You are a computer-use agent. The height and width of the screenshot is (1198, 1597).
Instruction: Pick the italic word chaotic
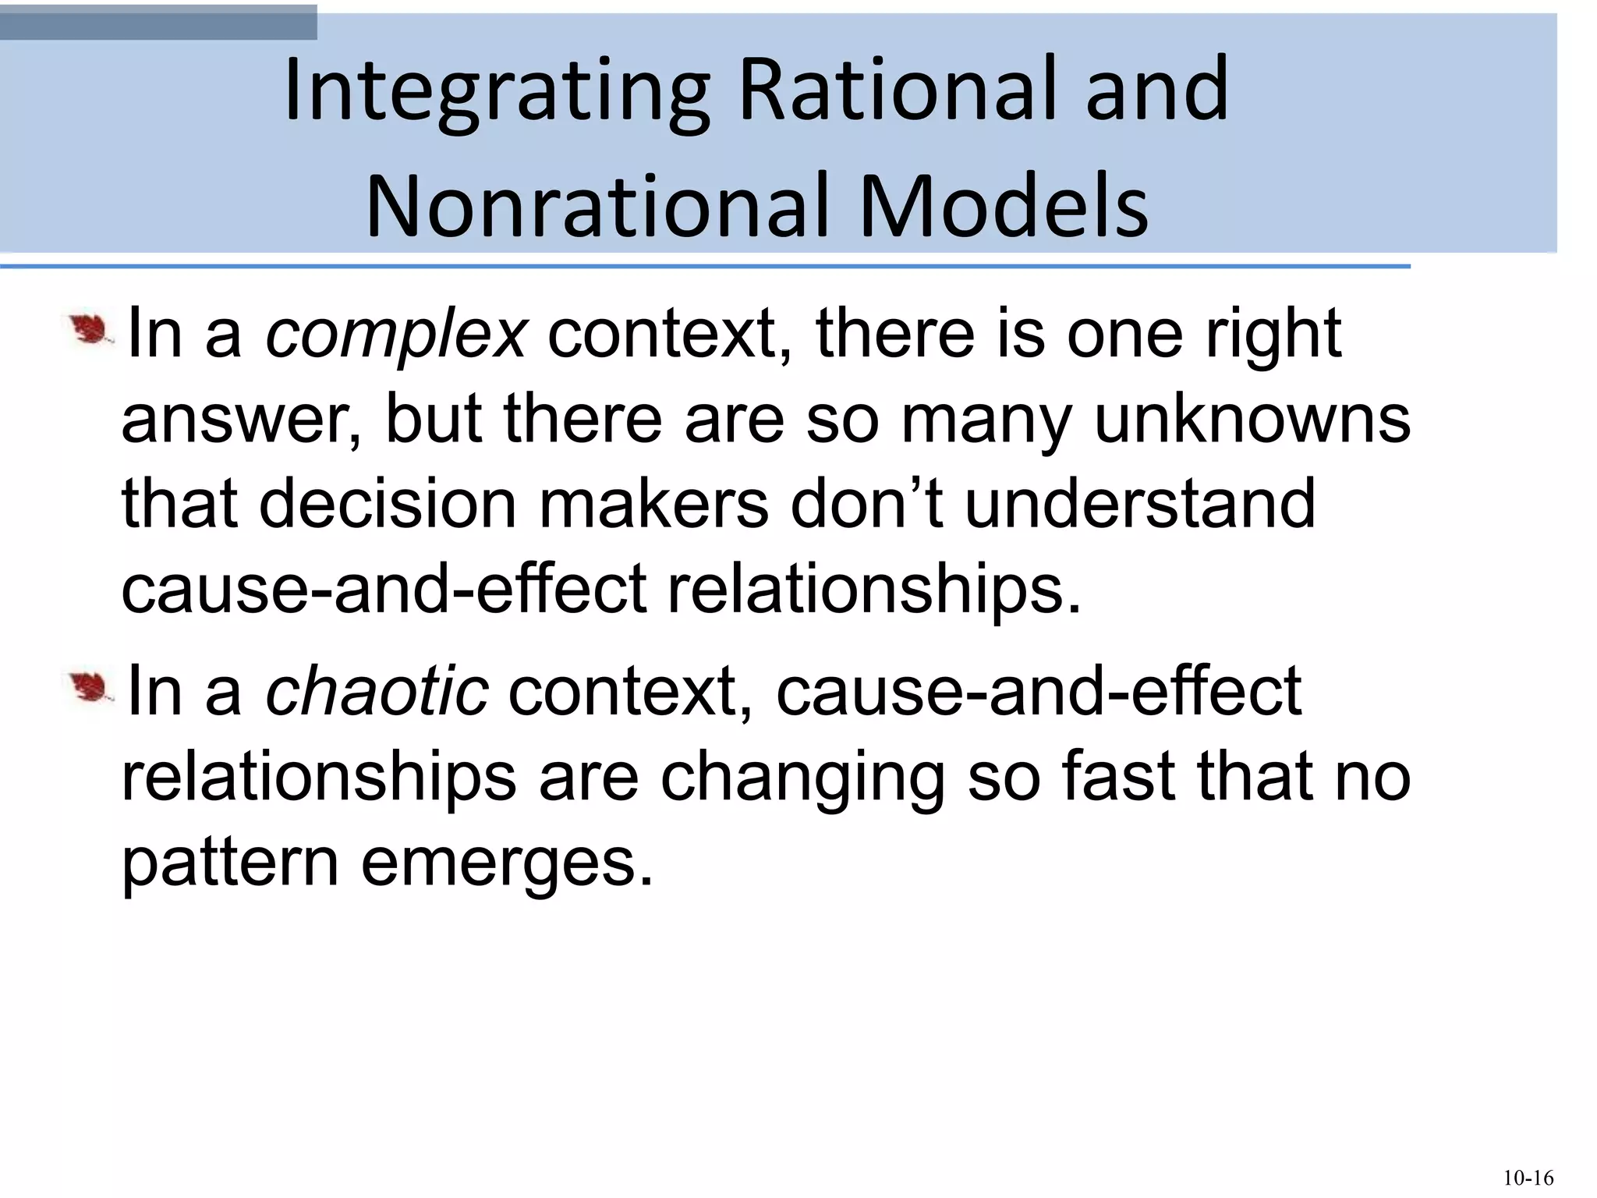click(x=377, y=691)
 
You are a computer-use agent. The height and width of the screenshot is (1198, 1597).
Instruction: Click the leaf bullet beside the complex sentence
click(x=90, y=331)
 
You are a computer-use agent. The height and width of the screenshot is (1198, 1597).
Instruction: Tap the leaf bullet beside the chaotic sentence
click(x=90, y=686)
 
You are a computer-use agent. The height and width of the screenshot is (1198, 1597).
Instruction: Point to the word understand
click(x=1140, y=505)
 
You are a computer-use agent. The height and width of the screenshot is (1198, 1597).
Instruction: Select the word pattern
click(x=230, y=864)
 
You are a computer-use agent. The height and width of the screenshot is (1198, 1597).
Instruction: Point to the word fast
click(x=1118, y=777)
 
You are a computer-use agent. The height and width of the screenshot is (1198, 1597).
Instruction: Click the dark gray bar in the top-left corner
click(x=158, y=23)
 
